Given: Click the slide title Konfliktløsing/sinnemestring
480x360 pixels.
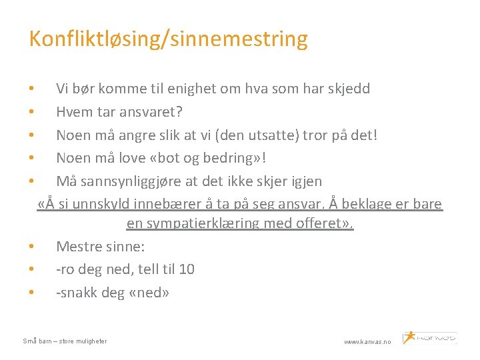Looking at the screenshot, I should pyautogui.click(x=168, y=39).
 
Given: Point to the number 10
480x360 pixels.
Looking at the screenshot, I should pyautogui.click(x=187, y=269).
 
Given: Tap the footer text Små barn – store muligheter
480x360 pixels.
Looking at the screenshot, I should pyautogui.click(x=65, y=341).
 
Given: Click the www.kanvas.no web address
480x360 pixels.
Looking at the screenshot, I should pyautogui.click(x=368, y=341).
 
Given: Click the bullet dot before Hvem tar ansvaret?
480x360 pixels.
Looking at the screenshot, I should pyautogui.click(x=31, y=112).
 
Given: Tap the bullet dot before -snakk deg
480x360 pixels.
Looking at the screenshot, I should pyautogui.click(x=31, y=293).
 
